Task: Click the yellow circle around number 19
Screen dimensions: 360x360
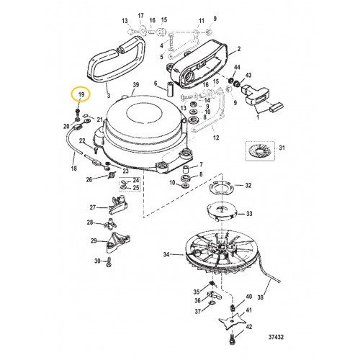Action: click(x=81, y=96)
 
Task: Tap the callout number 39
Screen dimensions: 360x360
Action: click(x=134, y=86)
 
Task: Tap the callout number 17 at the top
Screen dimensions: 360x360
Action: click(x=140, y=16)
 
